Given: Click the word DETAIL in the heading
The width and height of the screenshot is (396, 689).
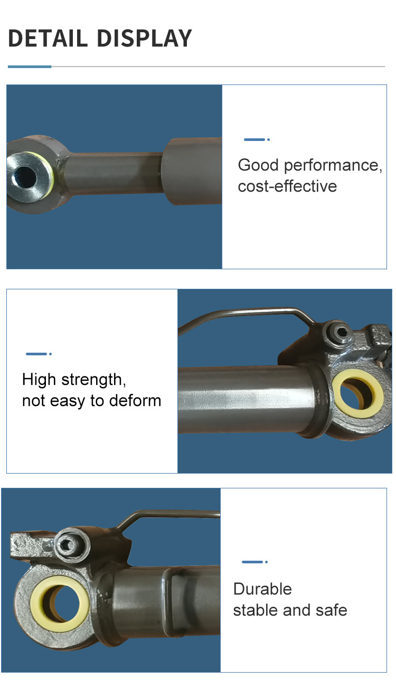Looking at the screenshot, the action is click(x=48, y=38).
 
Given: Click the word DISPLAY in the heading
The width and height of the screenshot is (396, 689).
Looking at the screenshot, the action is click(x=145, y=38).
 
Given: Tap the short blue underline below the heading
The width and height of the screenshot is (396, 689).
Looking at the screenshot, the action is click(x=30, y=67).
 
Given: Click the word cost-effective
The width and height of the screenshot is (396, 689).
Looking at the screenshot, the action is click(x=287, y=186).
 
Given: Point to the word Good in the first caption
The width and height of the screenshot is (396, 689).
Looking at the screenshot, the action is click(x=258, y=165).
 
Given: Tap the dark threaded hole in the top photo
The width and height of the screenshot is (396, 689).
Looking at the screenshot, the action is click(x=25, y=176).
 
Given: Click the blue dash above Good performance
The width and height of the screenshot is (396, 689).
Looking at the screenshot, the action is click(x=254, y=139).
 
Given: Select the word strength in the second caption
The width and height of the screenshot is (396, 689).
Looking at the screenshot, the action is click(x=94, y=380).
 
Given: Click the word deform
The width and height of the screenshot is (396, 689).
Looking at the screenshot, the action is click(x=135, y=401).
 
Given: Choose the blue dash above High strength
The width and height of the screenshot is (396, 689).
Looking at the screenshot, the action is click(x=36, y=354).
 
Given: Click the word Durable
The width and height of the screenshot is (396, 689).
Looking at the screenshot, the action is click(x=262, y=589).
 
